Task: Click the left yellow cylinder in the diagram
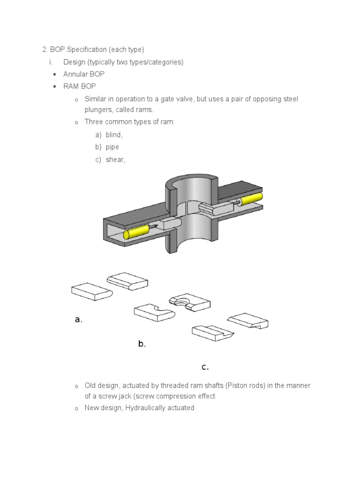(136, 232)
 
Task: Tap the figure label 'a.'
(78, 320)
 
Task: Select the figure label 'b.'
(142, 344)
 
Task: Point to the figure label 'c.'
(205, 367)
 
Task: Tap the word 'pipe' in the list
(112, 147)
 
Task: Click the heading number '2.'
(45, 50)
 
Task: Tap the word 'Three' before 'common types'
(93, 122)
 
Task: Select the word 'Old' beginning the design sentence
(90, 385)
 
